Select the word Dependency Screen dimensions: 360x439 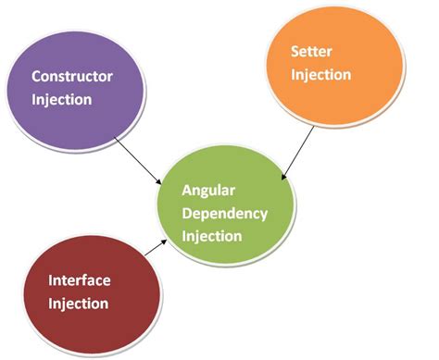coord(224,214)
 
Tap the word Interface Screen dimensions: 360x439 coord(79,281)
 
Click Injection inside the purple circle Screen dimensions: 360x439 coord(61,98)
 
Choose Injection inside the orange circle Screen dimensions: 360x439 coord(320,75)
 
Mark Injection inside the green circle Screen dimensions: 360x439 coord(212,236)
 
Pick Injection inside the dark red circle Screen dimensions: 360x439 coord(79,304)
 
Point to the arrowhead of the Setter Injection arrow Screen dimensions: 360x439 coord(283,174)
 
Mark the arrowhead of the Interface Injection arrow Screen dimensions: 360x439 coord(167,239)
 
